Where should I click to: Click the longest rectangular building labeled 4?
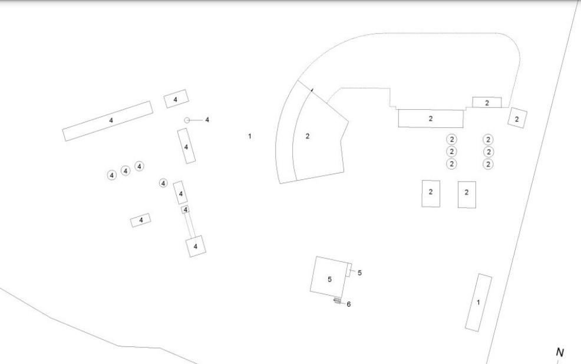tap(107, 121)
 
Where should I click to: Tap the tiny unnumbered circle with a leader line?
tap(187, 120)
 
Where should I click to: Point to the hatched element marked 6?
tap(337, 300)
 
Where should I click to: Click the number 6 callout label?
tap(349, 304)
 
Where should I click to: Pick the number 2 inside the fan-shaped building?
tap(307, 136)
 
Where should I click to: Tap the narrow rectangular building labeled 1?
tap(478, 303)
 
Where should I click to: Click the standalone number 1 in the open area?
tap(250, 136)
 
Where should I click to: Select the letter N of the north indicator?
tap(560, 352)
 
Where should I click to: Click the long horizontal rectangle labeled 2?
tap(431, 119)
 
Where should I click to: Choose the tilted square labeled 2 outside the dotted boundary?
tap(517, 118)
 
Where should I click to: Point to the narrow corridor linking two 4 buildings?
tap(190, 225)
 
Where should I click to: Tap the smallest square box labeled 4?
tap(185, 209)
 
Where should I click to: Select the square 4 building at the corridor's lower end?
tap(196, 246)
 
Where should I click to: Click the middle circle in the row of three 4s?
tap(126, 171)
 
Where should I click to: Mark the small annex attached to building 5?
tap(349, 270)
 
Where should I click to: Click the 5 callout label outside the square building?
tap(359, 273)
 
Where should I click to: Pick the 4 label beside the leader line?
tap(207, 120)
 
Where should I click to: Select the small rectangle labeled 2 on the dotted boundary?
tap(487, 103)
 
